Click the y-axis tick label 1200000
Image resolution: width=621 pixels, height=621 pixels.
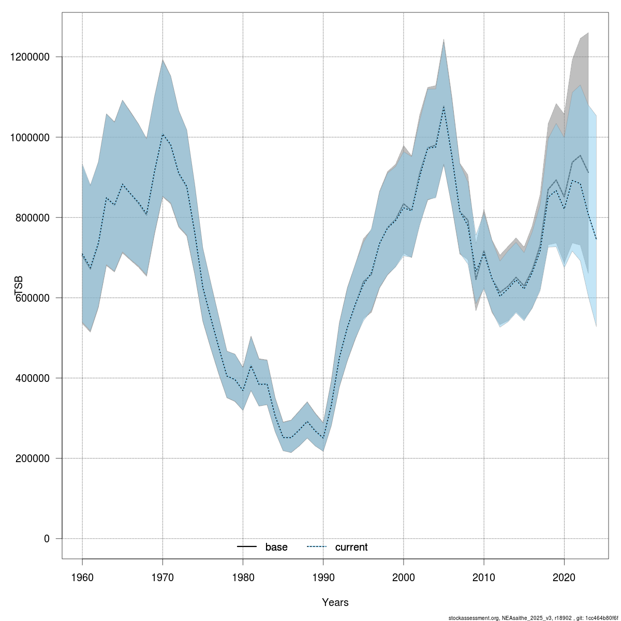pyautogui.click(x=33, y=57)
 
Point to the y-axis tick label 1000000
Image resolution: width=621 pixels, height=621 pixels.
pyautogui.click(x=33, y=137)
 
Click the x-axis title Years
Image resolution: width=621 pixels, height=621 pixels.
pyautogui.click(x=335, y=602)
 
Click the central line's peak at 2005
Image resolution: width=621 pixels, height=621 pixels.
pyautogui.click(x=443, y=106)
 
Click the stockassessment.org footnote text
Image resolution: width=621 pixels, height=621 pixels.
pyautogui.click(x=533, y=618)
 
